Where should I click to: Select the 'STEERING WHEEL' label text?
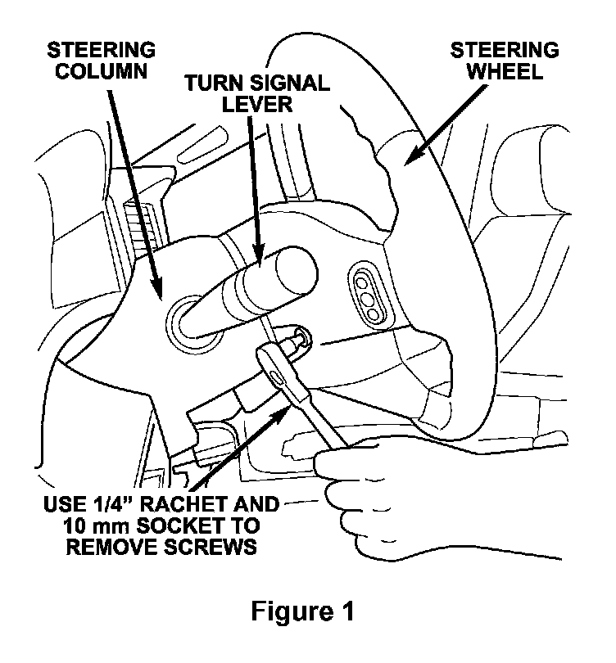505,61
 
